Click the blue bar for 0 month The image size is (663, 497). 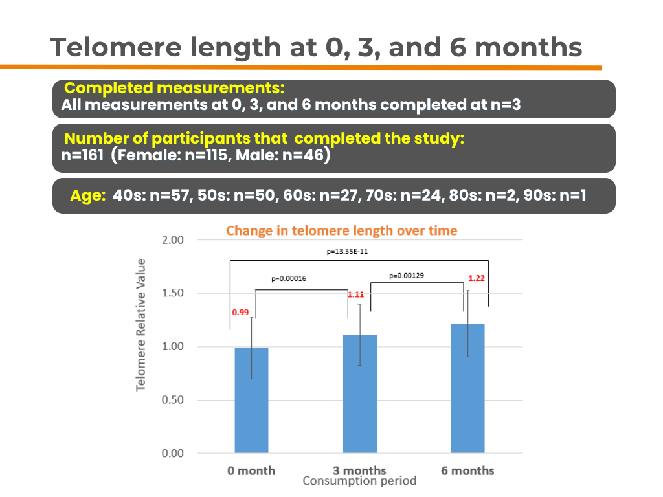tap(252, 400)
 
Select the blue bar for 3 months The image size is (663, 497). tap(359, 394)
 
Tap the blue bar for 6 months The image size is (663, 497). tap(467, 388)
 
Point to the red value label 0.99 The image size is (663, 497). tap(240, 313)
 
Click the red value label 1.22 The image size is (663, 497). tap(477, 278)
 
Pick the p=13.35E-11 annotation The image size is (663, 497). tap(347, 252)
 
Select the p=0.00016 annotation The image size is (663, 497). tap(289, 278)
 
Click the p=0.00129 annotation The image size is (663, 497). tap(407, 276)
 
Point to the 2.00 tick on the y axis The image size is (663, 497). tap(172, 240)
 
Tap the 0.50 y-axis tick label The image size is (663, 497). tap(172, 400)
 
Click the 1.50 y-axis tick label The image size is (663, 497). tap(172, 293)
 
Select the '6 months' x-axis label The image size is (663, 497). tap(467, 470)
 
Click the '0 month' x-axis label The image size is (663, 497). tap(251, 470)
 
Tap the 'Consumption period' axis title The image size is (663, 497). tap(359, 481)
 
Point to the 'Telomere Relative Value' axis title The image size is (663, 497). tap(140, 325)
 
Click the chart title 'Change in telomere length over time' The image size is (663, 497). tap(342, 230)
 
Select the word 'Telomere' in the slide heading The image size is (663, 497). tap(115, 47)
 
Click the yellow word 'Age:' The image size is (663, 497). tap(88, 195)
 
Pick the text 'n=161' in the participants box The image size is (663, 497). tap(82, 155)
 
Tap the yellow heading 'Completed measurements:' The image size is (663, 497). tap(174, 88)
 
